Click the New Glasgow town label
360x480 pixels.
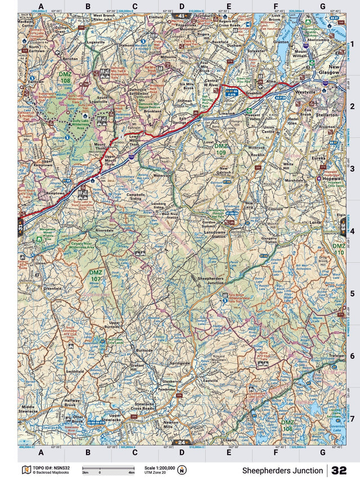click(x=334, y=70)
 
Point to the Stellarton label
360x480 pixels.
click(x=328, y=114)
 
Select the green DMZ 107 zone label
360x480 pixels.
click(x=96, y=276)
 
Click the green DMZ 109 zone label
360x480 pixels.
click(x=220, y=149)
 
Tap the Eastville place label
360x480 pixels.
click(x=210, y=381)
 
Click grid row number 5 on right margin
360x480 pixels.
click(x=352, y=293)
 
